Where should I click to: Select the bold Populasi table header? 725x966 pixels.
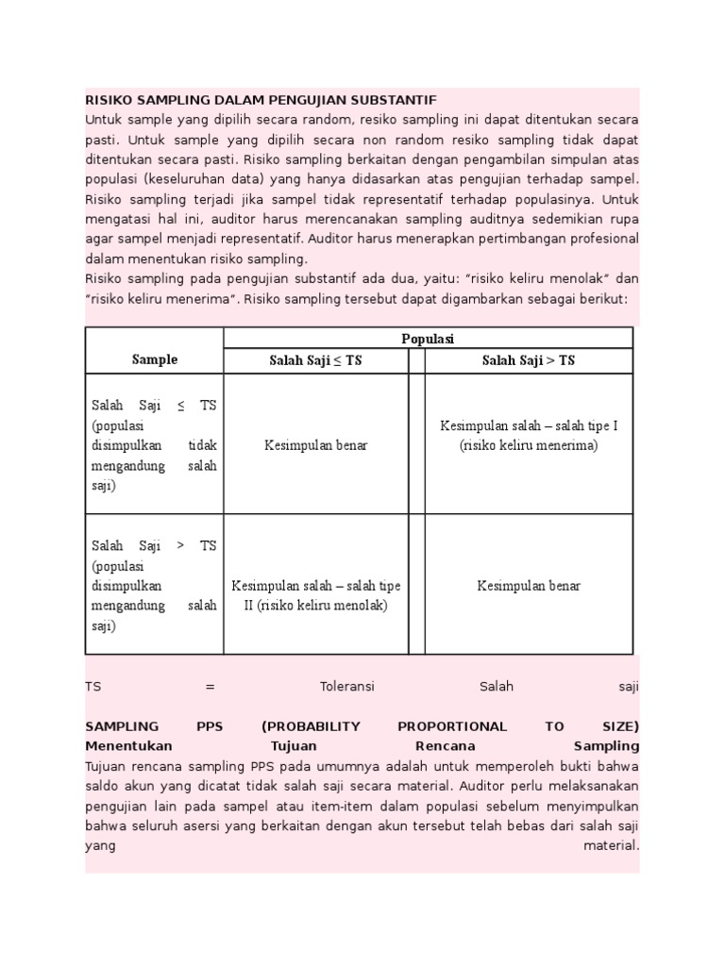tap(428, 339)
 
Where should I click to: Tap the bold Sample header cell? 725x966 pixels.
tap(154, 359)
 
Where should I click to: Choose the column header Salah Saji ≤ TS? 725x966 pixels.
tap(315, 360)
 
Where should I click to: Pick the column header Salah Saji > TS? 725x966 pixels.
tap(529, 360)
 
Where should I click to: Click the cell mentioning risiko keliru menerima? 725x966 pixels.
tap(529, 436)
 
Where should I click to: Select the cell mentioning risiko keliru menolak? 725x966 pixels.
tap(315, 595)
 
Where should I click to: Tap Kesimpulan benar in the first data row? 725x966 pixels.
tap(315, 445)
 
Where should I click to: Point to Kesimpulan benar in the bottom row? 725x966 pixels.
tap(529, 586)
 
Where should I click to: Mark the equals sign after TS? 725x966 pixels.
tap(210, 687)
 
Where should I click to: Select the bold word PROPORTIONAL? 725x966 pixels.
tap(451, 726)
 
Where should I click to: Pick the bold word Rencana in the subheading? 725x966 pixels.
tap(442, 745)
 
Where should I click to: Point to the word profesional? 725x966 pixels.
tap(602, 239)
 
